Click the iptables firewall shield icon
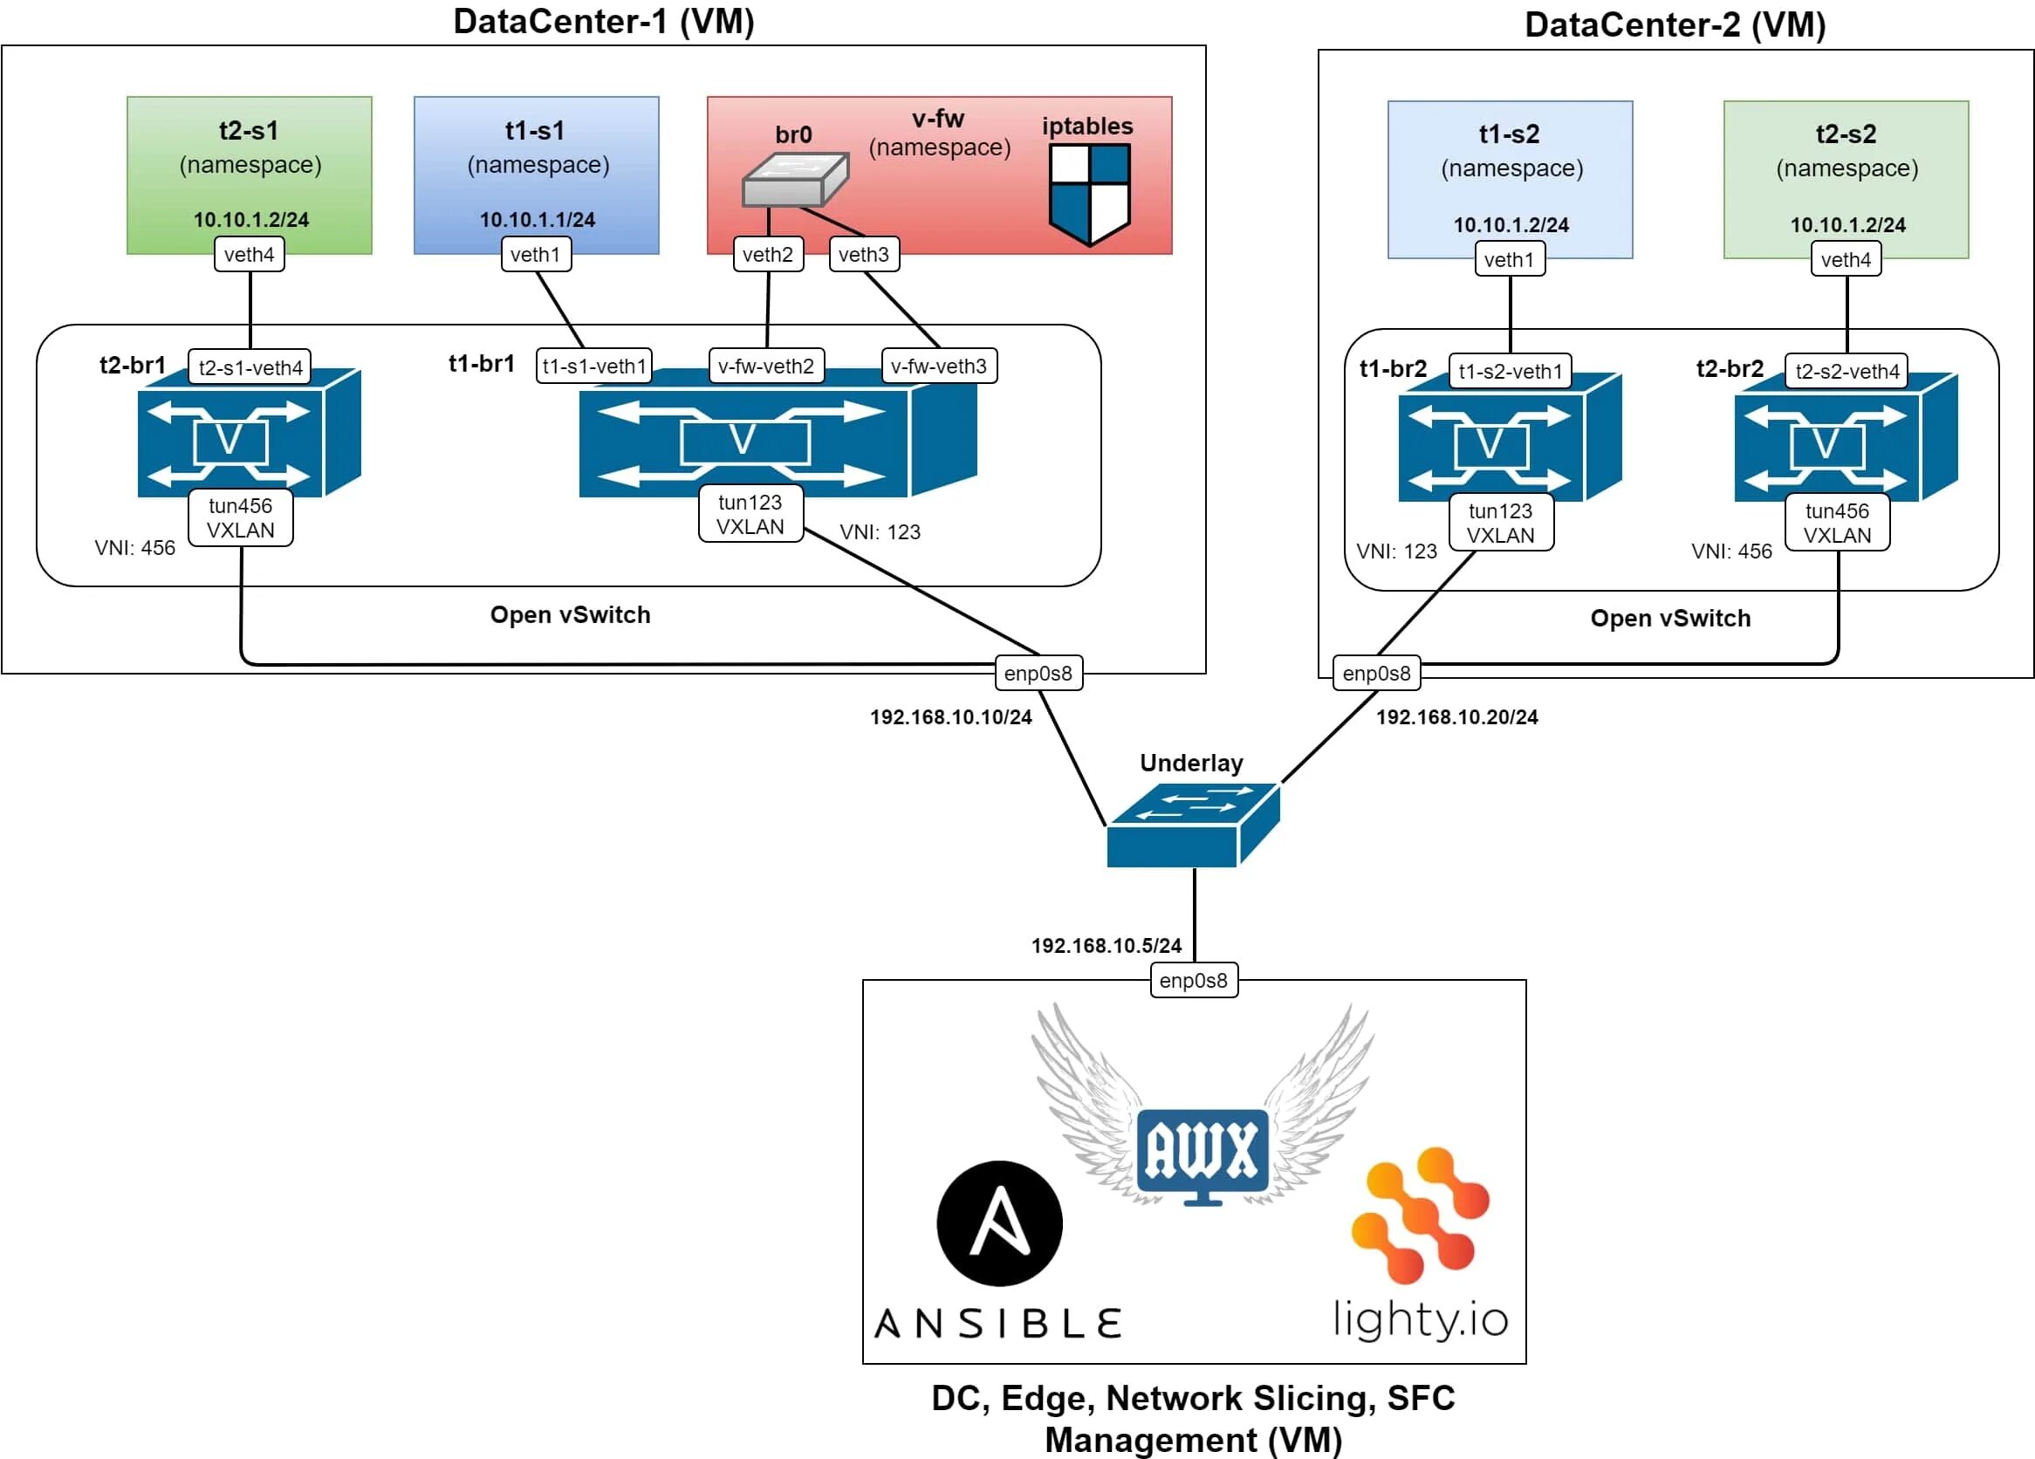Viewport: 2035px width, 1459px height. (x=1089, y=194)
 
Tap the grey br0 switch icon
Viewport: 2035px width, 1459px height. (x=794, y=179)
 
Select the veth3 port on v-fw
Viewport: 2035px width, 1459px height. (x=863, y=255)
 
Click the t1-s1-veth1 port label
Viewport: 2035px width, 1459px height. (x=594, y=366)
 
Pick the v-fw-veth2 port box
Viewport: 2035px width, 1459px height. (x=765, y=366)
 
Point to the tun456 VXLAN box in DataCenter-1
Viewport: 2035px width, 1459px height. (x=241, y=517)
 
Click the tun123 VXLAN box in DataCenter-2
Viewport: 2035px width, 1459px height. (x=1500, y=523)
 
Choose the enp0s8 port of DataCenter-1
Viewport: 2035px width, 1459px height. (x=1038, y=673)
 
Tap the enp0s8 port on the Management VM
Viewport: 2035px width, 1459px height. (x=1194, y=981)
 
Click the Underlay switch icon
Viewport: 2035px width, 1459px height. (x=1193, y=825)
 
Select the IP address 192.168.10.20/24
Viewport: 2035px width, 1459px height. (x=1456, y=717)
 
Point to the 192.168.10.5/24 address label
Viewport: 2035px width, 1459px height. (x=1106, y=946)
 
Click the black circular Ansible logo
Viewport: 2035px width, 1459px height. (x=998, y=1223)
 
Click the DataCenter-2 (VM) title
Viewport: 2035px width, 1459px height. (x=1675, y=25)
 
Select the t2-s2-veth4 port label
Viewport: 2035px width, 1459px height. (x=1847, y=372)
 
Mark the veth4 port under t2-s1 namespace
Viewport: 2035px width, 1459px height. (x=249, y=255)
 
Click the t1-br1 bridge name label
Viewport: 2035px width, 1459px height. (x=481, y=363)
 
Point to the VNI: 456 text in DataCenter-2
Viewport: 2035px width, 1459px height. (x=1730, y=551)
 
